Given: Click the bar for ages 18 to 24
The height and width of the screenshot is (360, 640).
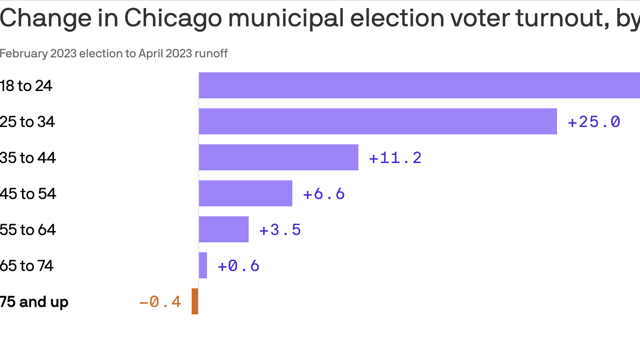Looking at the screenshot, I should (x=419, y=85).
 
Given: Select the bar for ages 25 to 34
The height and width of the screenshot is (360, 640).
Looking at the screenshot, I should (x=378, y=121).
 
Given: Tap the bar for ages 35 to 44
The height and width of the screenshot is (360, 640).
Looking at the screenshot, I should (x=278, y=157).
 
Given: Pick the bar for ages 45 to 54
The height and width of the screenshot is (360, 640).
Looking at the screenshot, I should (x=246, y=194).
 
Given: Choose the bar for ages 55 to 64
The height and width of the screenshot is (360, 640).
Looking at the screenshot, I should (x=223, y=229).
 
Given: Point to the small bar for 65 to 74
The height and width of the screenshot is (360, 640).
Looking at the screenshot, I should (x=203, y=265).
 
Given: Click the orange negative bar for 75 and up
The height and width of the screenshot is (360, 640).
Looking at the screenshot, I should (x=195, y=301).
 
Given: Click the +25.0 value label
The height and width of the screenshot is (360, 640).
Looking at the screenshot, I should (x=594, y=122).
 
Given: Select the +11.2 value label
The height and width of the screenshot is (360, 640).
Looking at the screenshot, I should (x=395, y=158).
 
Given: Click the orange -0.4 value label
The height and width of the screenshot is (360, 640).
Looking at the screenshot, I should (x=160, y=302).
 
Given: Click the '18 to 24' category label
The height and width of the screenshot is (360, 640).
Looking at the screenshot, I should (x=26, y=86).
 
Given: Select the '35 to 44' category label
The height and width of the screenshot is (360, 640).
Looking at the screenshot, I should (x=28, y=158).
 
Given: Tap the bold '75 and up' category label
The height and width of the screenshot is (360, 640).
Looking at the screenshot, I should (x=34, y=302).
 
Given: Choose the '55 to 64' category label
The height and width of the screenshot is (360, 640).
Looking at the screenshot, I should (x=28, y=230).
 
